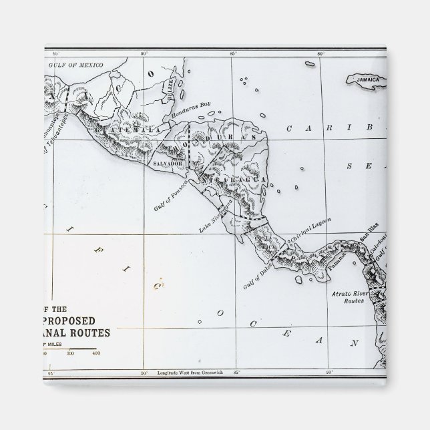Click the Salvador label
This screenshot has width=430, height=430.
click(x=168, y=163)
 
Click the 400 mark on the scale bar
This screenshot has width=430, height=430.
click(x=95, y=353)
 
